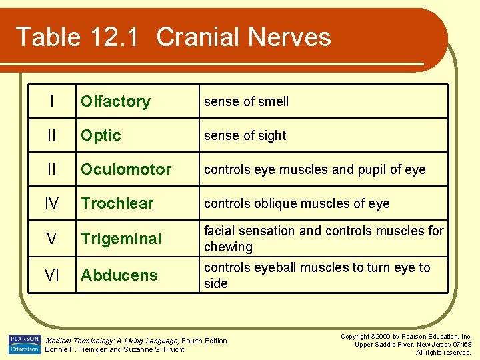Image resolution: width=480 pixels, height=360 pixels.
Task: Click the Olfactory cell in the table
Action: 115,101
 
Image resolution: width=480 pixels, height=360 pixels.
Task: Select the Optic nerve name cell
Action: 101,135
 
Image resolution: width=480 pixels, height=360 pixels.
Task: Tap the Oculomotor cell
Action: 126,169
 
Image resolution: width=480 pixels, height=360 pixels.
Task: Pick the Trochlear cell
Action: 117,203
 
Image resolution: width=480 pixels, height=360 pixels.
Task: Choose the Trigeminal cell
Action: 121,239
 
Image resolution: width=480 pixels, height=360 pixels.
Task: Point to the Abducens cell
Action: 119,275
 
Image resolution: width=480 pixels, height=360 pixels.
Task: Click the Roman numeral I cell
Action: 51,101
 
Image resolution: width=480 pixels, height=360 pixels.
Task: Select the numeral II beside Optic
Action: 51,135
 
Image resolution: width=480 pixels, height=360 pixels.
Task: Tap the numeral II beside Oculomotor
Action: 51,169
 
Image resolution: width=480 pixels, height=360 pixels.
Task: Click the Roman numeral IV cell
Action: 51,203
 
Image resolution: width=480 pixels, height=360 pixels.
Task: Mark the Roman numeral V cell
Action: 51,239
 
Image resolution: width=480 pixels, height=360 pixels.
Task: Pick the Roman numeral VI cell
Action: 51,275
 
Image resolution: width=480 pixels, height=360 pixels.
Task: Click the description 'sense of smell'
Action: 246,101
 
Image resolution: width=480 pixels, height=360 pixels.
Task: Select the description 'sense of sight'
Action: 245,135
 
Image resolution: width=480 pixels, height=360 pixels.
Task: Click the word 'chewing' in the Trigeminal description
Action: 228,247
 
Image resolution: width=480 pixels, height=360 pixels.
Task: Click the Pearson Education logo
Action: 25,344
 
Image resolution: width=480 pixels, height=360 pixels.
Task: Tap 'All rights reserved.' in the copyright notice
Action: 443,352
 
